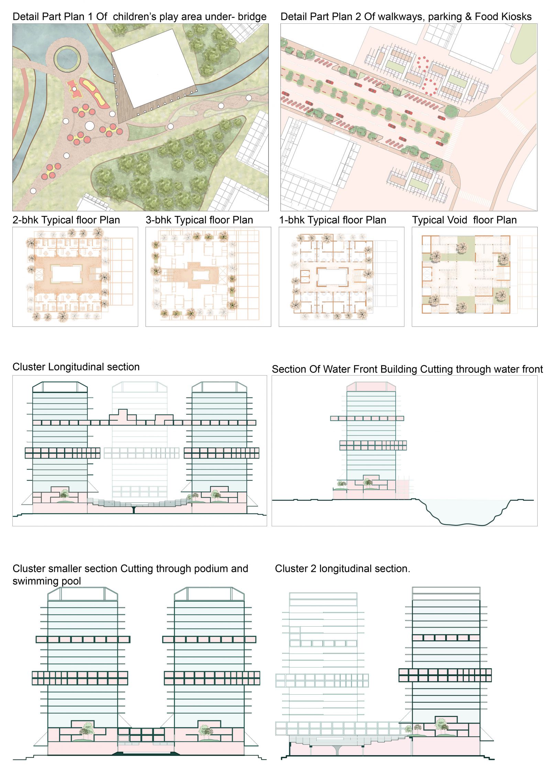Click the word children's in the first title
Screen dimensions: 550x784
click(x=135, y=16)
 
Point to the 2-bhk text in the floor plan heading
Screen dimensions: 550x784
click(x=25, y=220)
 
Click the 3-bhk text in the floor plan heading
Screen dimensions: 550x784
click(x=158, y=220)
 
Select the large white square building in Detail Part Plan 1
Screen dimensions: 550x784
click(x=154, y=68)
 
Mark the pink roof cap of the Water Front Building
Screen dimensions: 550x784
click(x=371, y=387)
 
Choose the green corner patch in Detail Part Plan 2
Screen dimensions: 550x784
click(x=524, y=44)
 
